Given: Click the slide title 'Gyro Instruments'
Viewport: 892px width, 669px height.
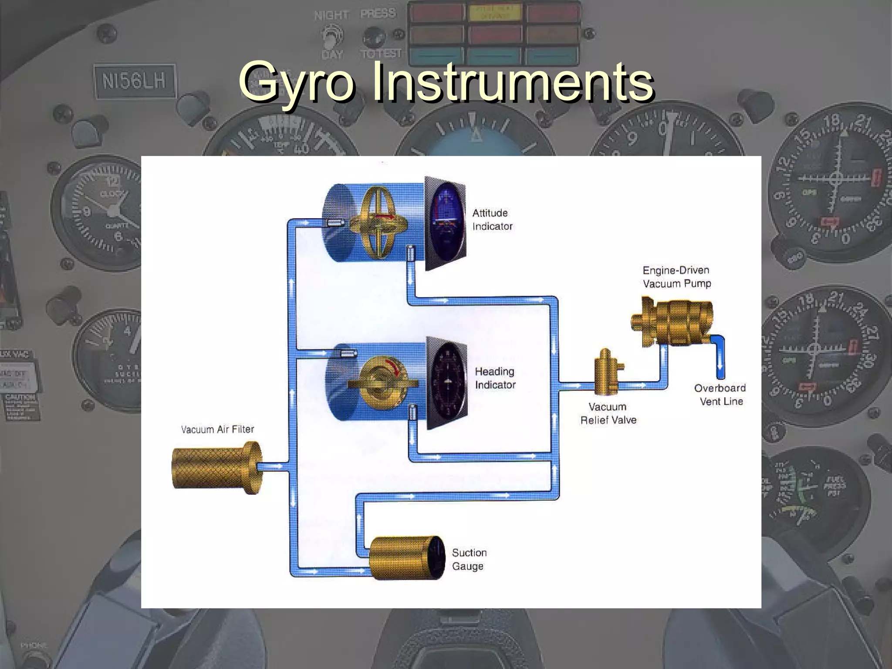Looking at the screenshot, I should (x=446, y=82).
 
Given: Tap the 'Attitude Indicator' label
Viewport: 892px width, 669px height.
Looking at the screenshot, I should (x=492, y=220).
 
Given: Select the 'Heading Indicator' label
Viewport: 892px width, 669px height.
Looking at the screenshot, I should (x=495, y=378).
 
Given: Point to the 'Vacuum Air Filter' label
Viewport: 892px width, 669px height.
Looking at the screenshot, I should (x=217, y=429).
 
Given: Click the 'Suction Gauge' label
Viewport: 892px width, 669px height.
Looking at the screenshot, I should (x=469, y=559).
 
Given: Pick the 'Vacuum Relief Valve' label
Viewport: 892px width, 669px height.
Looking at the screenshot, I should (x=608, y=413).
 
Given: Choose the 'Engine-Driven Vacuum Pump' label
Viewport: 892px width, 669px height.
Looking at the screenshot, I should (x=676, y=277).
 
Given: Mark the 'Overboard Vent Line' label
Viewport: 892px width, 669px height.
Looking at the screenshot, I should (x=720, y=395).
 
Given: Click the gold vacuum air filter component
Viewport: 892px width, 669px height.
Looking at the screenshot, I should (x=216, y=467).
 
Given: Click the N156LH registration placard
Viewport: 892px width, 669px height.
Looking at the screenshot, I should (x=134, y=81).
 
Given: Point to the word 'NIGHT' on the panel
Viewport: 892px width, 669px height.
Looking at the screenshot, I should (x=331, y=16).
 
